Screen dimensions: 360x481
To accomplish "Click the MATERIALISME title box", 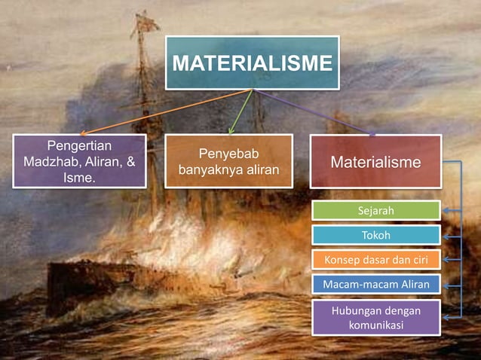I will point(252,63).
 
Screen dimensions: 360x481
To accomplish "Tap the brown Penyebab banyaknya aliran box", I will point(228,160).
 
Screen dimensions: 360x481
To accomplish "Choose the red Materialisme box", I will point(375,161).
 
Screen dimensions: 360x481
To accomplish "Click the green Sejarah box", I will point(375,210).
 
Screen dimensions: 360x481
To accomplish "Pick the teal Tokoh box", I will point(375,235).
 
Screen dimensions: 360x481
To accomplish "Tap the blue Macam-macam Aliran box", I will point(375,285).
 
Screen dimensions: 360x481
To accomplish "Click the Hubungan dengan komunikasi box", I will point(375,317).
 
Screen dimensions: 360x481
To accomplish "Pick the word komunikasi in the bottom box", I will point(375,325).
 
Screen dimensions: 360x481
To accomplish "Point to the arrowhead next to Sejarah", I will point(446,211).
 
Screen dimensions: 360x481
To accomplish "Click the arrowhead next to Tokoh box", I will point(446,236).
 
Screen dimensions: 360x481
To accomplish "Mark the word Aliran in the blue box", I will point(412,285).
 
